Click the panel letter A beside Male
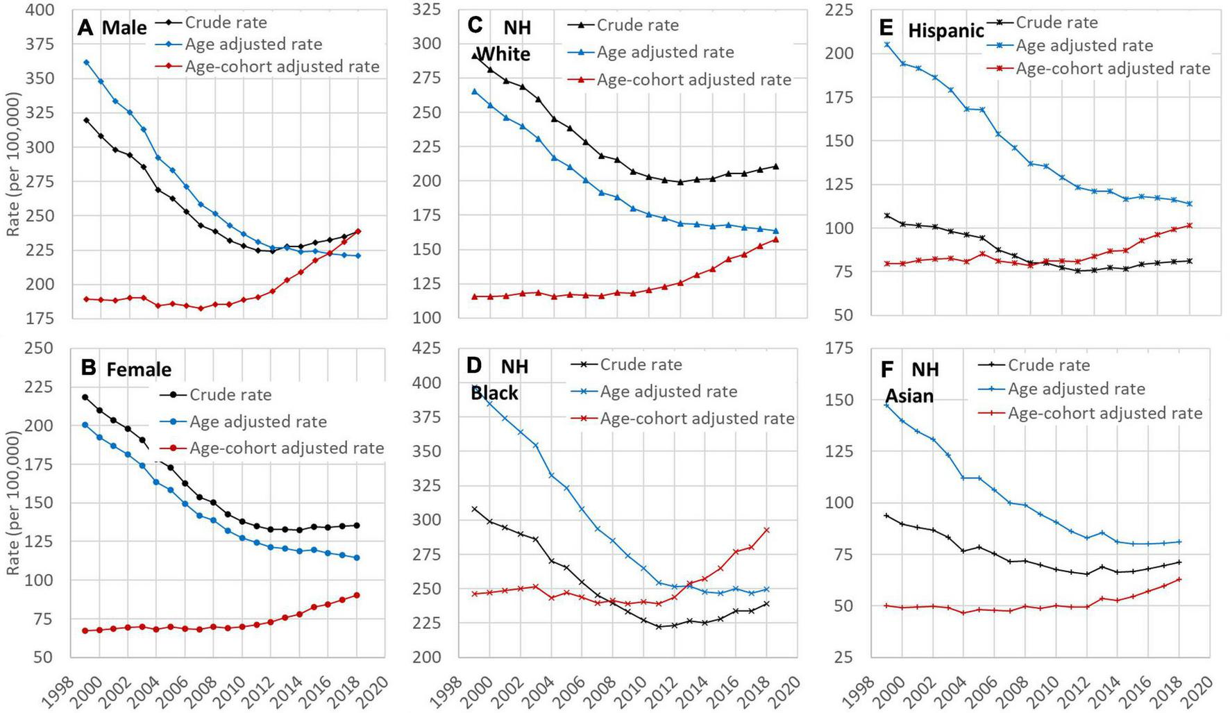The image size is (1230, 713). point(85,28)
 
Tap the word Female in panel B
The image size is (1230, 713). point(139,369)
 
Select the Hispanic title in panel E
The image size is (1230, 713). point(945,31)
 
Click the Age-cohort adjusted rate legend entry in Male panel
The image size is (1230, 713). point(282,67)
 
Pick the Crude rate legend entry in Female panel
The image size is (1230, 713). point(230,395)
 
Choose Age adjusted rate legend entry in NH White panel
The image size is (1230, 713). point(665,52)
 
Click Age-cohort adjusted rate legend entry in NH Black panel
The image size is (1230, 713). point(697,419)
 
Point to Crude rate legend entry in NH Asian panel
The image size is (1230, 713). point(1048,365)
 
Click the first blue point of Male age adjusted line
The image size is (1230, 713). point(86,62)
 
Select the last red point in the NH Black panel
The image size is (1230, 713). point(766,530)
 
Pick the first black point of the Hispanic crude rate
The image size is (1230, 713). point(887,216)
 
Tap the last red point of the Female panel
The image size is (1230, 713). point(357,595)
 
